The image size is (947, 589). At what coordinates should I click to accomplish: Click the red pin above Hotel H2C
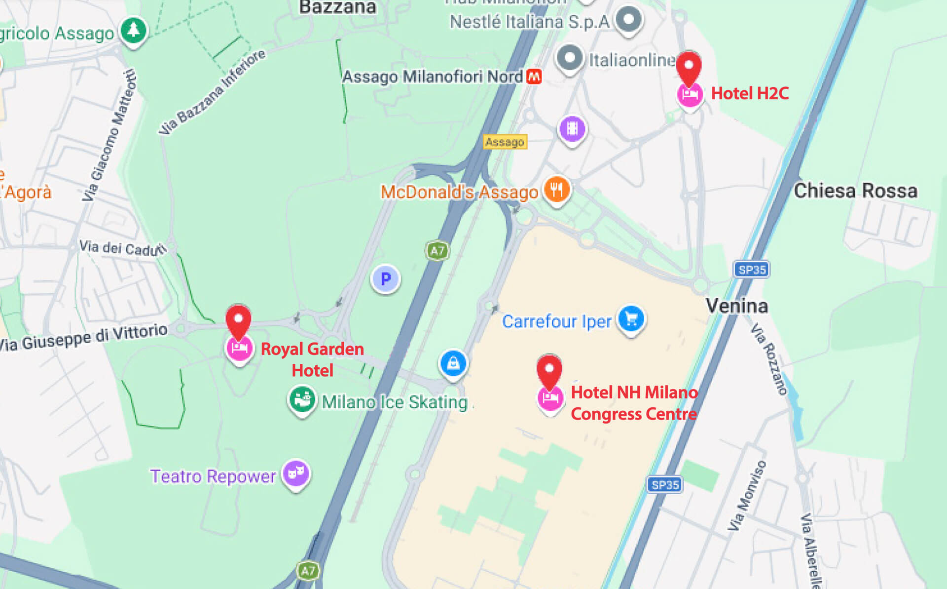coord(689,67)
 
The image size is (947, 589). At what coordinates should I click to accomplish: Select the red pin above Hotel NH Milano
coord(549,371)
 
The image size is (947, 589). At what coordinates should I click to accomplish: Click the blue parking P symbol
coord(386,279)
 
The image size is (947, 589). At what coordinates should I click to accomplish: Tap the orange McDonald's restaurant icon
coord(556,190)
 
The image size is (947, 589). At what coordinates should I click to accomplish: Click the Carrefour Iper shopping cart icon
coord(631,319)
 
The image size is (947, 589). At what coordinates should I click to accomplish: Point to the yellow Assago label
coord(505,142)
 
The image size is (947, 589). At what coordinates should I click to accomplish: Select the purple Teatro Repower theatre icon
coord(296,473)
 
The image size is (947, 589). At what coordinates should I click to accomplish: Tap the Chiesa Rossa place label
coord(855,191)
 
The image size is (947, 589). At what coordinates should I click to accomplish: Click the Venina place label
coord(736,306)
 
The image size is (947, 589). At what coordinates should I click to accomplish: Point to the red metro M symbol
coord(534,77)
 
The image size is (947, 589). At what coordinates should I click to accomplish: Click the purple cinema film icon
coord(572,129)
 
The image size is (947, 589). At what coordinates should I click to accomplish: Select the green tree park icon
coord(133,31)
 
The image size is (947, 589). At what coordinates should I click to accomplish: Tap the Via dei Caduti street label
coord(123,248)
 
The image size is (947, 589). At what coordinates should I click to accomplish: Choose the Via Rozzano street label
coord(769,359)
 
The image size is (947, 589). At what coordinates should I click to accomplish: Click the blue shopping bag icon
coord(453,364)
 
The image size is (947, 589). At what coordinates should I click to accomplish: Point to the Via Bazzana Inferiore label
coord(212,92)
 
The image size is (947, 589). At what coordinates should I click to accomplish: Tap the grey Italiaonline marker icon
coord(570,58)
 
